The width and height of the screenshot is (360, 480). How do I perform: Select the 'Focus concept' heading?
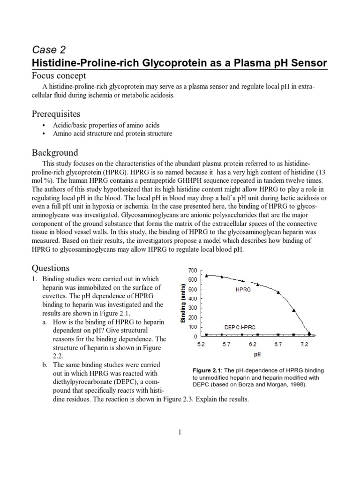pos(59,76)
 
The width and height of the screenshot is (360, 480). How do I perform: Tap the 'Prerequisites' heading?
pos(56,114)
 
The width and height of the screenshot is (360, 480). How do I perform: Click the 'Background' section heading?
pos(54,153)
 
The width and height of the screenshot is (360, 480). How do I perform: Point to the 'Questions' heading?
pos(50,268)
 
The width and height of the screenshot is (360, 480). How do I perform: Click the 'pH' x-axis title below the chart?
pos(257,355)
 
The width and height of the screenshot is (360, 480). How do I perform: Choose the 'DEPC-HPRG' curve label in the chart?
pos(243,327)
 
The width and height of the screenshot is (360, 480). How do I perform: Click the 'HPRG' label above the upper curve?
pos(243,290)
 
